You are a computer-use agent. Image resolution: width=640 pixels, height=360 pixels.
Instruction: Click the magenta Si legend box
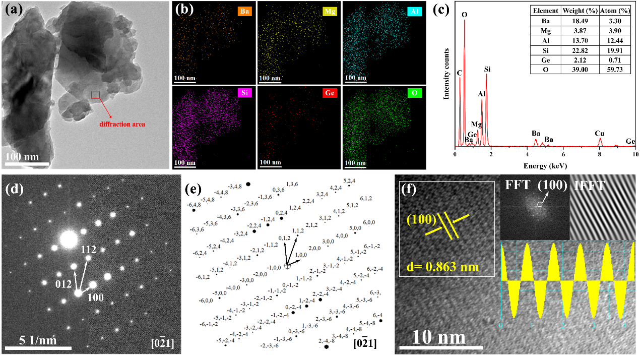[x=244, y=93]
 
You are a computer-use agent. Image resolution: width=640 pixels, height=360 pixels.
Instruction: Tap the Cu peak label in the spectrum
[x=599, y=133]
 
